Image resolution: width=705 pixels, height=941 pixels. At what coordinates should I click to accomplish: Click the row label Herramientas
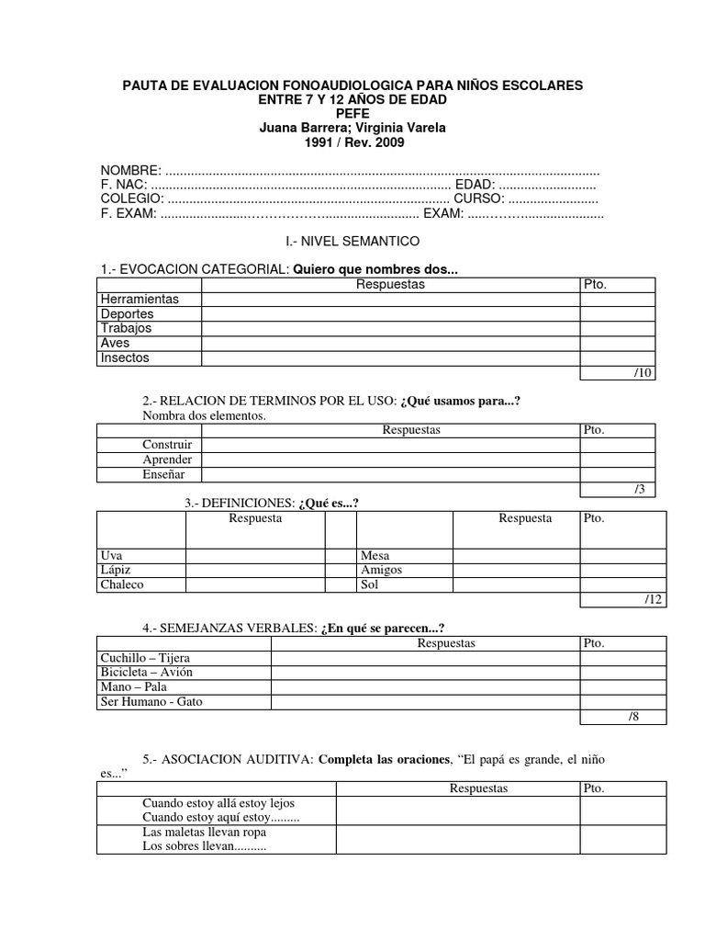tap(140, 299)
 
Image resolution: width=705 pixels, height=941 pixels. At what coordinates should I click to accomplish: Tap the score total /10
tap(642, 372)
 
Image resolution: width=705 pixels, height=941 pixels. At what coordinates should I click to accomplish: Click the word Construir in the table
tap(167, 445)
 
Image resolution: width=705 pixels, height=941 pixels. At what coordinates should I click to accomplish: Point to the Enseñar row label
tap(163, 474)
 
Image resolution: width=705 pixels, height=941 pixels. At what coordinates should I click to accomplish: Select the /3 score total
tap(639, 489)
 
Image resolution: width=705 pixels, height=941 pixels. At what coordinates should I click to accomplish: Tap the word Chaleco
tap(122, 584)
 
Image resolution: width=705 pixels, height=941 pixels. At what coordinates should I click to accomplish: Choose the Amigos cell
tap(382, 570)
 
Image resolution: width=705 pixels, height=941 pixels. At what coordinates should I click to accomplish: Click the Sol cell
tap(370, 584)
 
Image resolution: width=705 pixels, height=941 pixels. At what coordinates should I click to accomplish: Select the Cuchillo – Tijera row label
tap(146, 658)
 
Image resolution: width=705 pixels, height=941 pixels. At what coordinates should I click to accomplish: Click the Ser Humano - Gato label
tap(151, 702)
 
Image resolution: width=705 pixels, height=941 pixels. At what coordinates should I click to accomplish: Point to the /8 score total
tap(632, 717)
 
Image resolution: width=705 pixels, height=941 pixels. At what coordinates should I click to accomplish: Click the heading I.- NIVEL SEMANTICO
tap(353, 241)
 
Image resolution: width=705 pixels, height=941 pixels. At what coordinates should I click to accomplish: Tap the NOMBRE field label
tap(130, 172)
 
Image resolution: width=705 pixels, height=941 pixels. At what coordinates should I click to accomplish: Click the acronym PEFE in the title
tap(353, 114)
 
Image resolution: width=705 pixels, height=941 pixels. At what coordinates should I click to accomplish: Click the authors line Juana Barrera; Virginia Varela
tap(353, 128)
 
